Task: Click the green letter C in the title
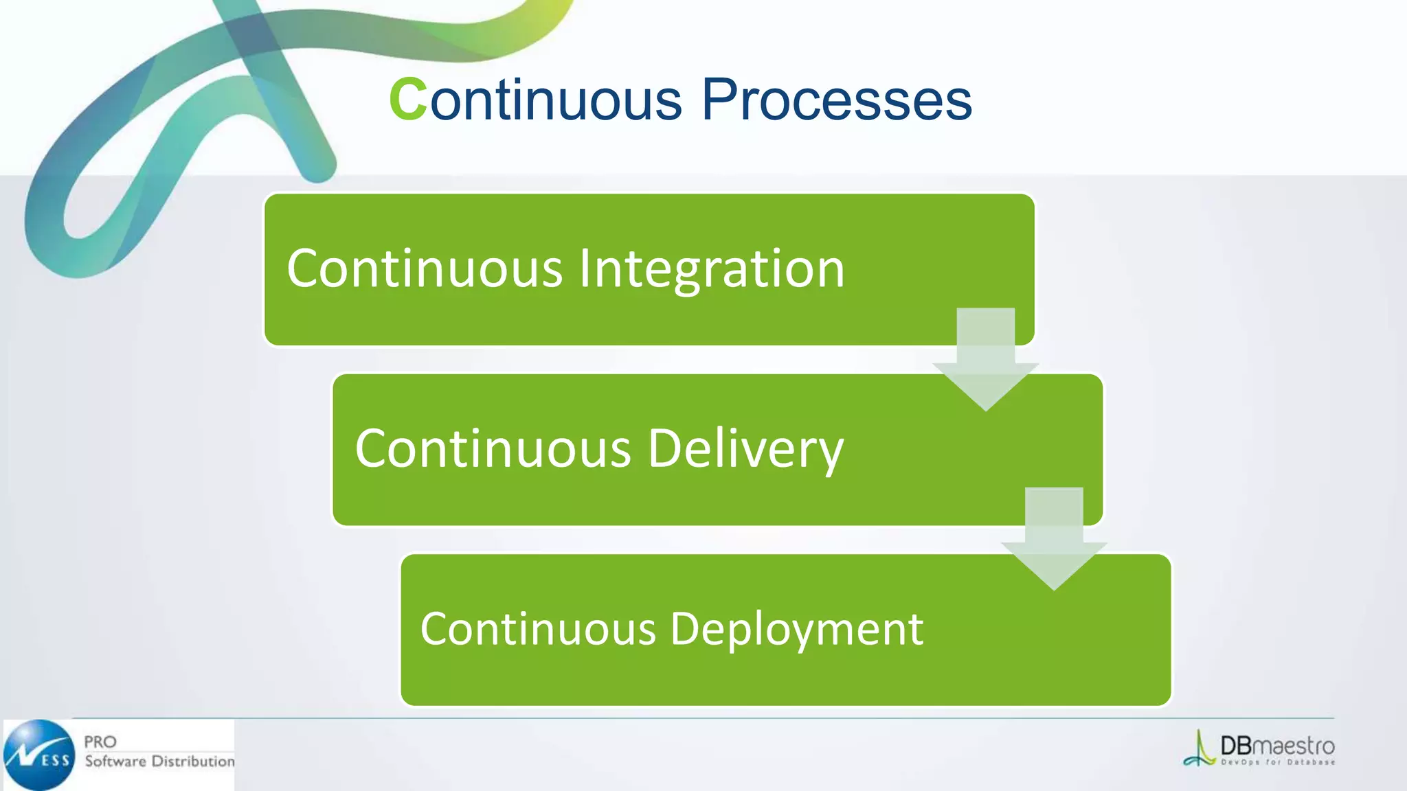pyautogui.click(x=408, y=100)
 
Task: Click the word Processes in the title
pyautogui.click(x=836, y=100)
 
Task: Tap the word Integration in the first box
pyautogui.click(x=711, y=268)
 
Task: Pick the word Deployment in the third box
pyautogui.click(x=796, y=629)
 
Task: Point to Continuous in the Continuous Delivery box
pyautogui.click(x=493, y=449)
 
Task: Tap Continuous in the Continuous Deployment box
pyautogui.click(x=538, y=629)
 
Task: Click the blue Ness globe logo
pyautogui.click(x=39, y=755)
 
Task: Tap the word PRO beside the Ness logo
pyautogui.click(x=100, y=742)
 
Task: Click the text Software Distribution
pyautogui.click(x=159, y=761)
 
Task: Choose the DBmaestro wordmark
pyautogui.click(x=1277, y=746)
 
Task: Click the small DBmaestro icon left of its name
pyautogui.click(x=1200, y=750)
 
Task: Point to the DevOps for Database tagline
pyautogui.click(x=1277, y=762)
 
